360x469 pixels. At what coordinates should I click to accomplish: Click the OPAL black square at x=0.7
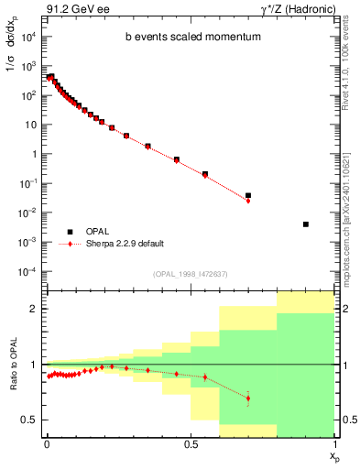pos(248,195)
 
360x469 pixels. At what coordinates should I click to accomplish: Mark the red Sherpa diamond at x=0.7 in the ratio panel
pos(248,398)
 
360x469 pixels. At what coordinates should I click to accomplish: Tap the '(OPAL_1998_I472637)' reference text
pos(191,274)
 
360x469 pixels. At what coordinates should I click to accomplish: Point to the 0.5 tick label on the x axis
pos(190,442)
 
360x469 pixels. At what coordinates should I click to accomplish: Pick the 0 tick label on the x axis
pos(47,442)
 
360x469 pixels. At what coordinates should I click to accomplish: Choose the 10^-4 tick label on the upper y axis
pos(29,271)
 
